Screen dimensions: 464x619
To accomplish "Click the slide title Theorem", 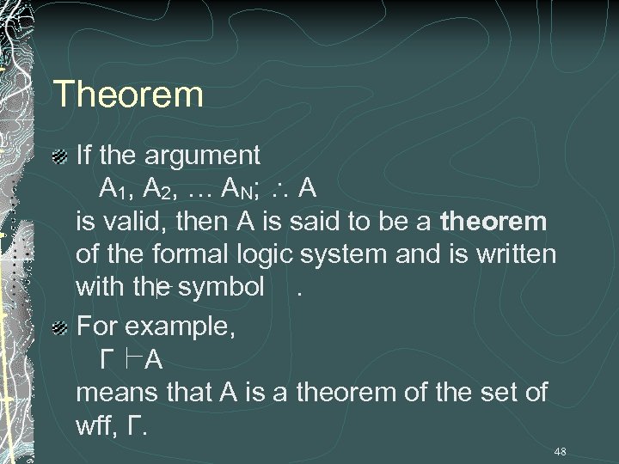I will [x=127, y=94].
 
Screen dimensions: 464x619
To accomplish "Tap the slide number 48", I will [x=560, y=451].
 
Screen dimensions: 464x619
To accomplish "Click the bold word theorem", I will [x=493, y=222].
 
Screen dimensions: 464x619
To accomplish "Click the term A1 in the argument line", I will [x=113, y=188].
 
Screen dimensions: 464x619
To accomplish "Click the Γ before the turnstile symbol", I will [x=107, y=359].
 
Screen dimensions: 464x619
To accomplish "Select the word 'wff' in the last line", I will [x=98, y=424].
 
